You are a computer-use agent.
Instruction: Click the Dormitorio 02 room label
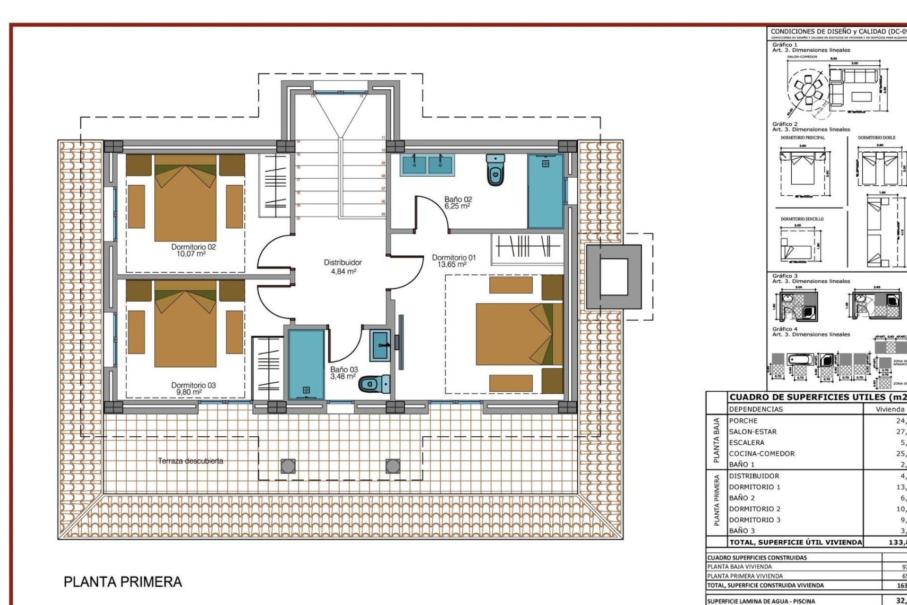click(193, 250)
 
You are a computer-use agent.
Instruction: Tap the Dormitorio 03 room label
click(193, 389)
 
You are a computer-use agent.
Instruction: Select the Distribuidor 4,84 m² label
click(343, 267)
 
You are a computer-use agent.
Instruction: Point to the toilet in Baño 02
click(495, 170)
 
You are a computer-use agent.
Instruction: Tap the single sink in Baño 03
click(380, 346)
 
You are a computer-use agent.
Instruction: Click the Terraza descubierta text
click(190, 461)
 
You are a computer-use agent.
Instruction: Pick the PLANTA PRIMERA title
click(123, 582)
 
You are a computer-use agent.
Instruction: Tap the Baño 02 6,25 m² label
click(458, 203)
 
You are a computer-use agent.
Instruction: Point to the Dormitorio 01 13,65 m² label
click(453, 261)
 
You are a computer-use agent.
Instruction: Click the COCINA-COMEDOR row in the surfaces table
click(762, 454)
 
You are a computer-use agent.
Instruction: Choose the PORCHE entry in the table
click(743, 421)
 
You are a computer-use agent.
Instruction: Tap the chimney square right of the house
click(614, 277)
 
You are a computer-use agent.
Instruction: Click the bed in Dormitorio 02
click(185, 199)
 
